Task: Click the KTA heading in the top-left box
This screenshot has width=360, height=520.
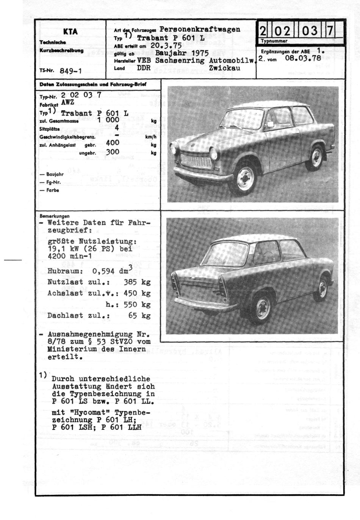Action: click(70, 31)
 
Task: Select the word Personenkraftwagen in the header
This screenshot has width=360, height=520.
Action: click(200, 29)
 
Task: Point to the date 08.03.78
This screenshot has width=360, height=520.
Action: click(303, 58)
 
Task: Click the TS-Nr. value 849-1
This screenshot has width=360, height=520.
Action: click(71, 70)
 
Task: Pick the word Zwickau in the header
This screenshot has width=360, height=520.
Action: click(224, 68)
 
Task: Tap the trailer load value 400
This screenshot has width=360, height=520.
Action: click(113, 143)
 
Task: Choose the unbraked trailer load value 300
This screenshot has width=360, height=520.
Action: click(113, 152)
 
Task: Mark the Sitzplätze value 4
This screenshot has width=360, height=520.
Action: click(117, 128)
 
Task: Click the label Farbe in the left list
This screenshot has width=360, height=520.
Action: click(53, 190)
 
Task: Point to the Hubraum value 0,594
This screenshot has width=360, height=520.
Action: click(103, 271)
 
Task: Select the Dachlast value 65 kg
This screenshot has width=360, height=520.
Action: click(139, 315)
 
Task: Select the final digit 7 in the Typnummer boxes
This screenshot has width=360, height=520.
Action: click(330, 30)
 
